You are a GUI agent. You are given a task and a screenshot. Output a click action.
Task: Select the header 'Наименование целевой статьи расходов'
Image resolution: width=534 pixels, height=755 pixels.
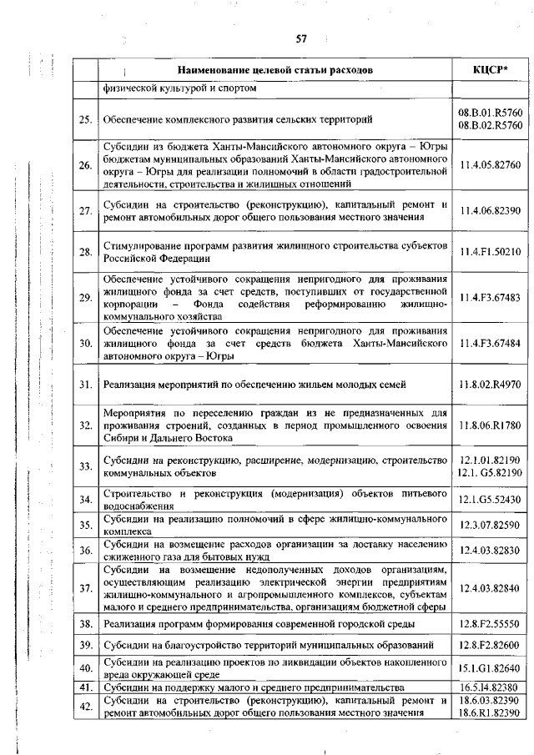tap(275, 69)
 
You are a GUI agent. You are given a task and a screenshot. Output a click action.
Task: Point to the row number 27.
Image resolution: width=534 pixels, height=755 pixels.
tap(84, 210)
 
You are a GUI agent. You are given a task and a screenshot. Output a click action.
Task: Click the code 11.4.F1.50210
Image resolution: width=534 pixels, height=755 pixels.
tap(490, 251)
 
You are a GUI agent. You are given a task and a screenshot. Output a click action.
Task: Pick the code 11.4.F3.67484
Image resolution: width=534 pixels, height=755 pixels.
tap(490, 343)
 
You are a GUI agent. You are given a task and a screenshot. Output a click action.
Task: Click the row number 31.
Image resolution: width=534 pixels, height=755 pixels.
tap(84, 385)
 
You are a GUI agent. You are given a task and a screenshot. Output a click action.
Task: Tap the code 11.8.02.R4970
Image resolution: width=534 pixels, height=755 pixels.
tap(490, 385)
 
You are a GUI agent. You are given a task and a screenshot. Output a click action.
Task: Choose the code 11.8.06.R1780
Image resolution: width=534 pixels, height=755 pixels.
tap(490, 425)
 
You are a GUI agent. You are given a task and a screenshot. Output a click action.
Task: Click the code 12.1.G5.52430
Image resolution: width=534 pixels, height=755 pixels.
tap(490, 500)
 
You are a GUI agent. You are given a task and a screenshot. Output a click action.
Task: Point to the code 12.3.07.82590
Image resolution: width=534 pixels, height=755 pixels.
tap(490, 525)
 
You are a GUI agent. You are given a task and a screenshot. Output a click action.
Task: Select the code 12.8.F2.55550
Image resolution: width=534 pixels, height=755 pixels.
tap(490, 624)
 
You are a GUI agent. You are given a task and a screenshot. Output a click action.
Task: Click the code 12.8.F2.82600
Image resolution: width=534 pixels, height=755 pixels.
tap(490, 646)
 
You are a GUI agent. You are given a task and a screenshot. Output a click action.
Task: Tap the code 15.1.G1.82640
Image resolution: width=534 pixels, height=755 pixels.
tap(490, 668)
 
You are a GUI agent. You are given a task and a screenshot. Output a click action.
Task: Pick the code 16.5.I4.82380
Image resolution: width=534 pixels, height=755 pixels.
tap(490, 687)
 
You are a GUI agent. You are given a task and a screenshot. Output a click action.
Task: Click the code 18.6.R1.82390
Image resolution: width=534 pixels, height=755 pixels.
tap(490, 714)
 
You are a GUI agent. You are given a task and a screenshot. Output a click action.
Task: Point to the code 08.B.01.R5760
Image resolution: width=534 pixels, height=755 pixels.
tap(490, 112)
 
